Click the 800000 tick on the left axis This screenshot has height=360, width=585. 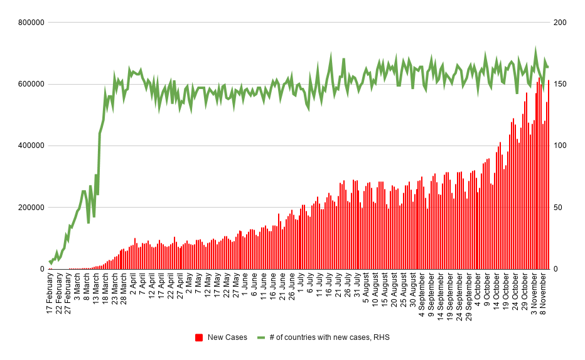coord(31,23)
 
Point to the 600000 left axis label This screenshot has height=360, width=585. coord(31,84)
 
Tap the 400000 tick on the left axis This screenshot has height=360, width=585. coord(31,146)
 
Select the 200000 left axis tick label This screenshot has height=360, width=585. coord(31,208)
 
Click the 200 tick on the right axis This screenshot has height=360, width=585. coord(559,23)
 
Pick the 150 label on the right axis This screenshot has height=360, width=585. coord(559,84)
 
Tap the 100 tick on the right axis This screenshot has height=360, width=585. coord(559,146)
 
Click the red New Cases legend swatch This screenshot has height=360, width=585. coord(200,337)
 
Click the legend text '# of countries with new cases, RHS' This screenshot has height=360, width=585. coord(329,337)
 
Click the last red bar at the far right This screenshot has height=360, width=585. coord(549,176)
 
